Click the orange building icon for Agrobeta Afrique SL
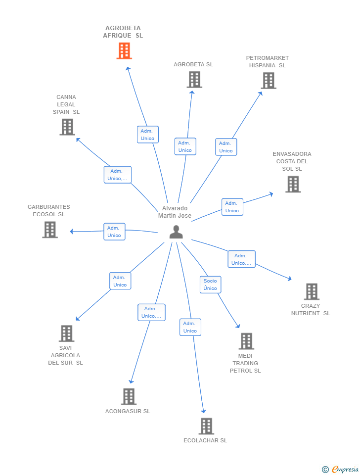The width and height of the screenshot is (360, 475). point(124,51)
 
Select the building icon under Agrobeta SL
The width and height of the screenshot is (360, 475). point(194,80)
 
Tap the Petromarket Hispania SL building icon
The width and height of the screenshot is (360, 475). point(268,81)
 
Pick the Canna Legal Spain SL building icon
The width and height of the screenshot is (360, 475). point(67,127)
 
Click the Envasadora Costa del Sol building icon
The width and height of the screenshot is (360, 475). point(293,184)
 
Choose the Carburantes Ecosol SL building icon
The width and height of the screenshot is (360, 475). point(50,230)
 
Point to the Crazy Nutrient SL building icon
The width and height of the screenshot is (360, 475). point(312,291)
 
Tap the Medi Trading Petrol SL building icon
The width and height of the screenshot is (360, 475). point(246,341)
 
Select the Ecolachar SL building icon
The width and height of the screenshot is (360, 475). point(206,426)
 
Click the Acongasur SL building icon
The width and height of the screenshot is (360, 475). point(129,396)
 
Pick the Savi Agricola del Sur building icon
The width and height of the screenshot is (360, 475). point(66,333)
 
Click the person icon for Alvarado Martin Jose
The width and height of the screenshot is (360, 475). point(176,232)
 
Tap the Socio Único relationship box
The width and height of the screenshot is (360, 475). point(210,285)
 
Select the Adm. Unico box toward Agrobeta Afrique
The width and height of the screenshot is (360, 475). point(147,135)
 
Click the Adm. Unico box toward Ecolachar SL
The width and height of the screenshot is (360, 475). point(190,327)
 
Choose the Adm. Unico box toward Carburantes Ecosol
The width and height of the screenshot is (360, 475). point(114,232)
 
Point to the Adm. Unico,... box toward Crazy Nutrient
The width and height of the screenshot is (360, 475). point(241,259)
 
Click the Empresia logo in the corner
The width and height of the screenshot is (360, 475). point(340,469)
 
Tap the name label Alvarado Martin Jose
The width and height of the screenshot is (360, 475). point(175,212)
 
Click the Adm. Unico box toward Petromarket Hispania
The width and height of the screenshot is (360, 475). point(226,147)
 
